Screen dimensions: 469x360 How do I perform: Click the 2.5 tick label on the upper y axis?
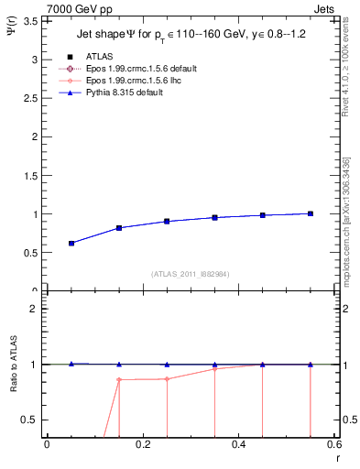click(x=33, y=97)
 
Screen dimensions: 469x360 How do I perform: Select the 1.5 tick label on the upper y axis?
click(x=33, y=175)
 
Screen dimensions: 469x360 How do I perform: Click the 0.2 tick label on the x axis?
click(x=143, y=446)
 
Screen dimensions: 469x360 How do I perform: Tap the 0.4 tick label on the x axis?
click(x=239, y=446)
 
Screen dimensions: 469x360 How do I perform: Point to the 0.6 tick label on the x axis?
click(x=333, y=446)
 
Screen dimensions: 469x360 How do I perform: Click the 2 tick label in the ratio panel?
click(x=37, y=309)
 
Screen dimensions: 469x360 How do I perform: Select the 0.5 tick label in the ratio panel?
click(x=33, y=420)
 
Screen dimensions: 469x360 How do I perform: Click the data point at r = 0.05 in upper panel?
click(x=71, y=243)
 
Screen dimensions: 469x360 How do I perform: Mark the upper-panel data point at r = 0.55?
click(x=311, y=213)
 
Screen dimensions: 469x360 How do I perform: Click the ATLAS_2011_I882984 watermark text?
click(x=189, y=273)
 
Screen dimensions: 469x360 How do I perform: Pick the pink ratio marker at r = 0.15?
click(x=119, y=379)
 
